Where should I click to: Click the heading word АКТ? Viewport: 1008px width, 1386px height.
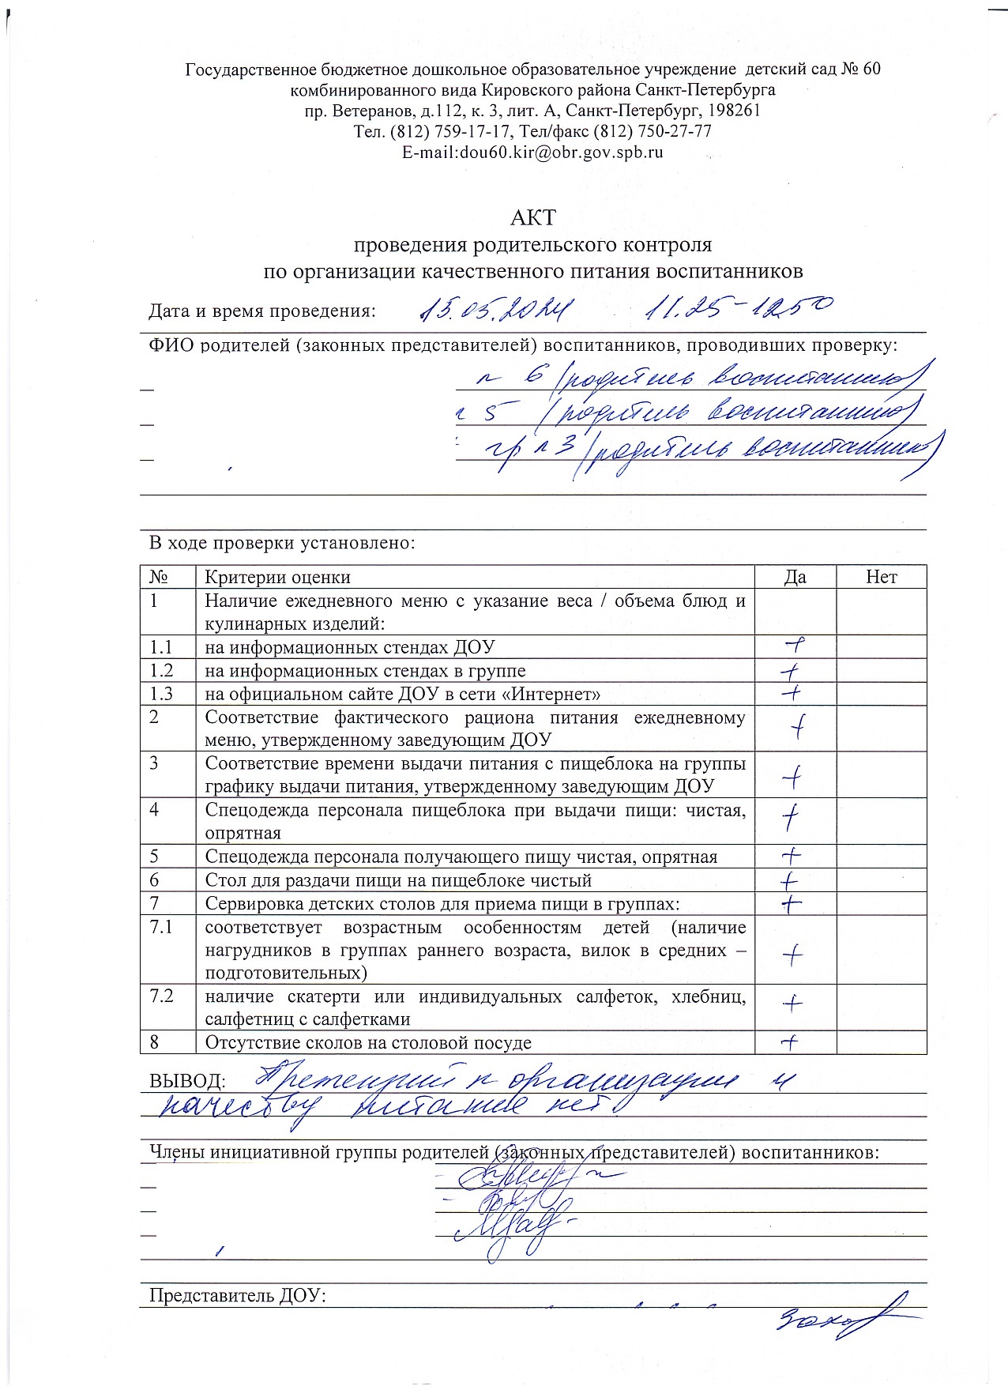point(533,217)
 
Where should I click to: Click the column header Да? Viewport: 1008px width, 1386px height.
point(795,577)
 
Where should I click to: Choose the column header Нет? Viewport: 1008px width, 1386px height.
point(881,577)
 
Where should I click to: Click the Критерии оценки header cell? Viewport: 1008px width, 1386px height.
point(278,578)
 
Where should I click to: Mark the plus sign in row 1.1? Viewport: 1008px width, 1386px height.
point(794,646)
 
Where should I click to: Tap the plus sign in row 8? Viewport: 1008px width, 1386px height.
point(789,1042)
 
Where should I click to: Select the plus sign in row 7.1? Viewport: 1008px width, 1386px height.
point(792,955)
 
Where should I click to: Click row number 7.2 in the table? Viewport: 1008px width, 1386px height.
point(162,996)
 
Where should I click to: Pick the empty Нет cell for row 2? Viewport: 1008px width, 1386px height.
point(881,728)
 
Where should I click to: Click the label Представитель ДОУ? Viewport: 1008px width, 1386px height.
point(238,1296)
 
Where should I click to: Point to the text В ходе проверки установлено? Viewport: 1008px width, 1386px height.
point(282,543)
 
